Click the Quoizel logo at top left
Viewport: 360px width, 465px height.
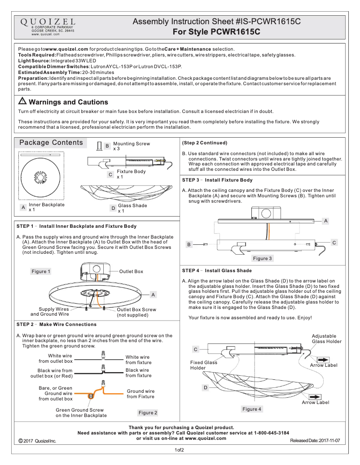pyautogui.click(x=47, y=22)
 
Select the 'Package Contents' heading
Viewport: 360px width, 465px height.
pyautogui.click(x=51, y=143)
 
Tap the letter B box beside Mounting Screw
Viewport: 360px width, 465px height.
pyautogui.click(x=107, y=146)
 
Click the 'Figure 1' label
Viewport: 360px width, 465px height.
pyautogui.click(x=40, y=271)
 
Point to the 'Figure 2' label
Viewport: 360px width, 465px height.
pyautogui.click(x=148, y=413)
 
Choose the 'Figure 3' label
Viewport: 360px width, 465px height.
pyautogui.click(x=262, y=258)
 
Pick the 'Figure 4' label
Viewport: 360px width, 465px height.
pyautogui.click(x=252, y=409)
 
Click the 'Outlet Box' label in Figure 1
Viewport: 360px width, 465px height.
pyautogui.click(x=131, y=271)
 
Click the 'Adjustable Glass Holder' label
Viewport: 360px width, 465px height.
pyautogui.click(x=326, y=339)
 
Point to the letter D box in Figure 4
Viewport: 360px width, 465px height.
pyautogui.click(x=205, y=387)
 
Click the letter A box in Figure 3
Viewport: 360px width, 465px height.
pyautogui.click(x=325, y=221)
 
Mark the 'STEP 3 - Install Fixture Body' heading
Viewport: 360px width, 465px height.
pyautogui.click(x=217, y=180)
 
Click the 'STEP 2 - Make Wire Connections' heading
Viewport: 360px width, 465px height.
pyautogui.click(x=56, y=324)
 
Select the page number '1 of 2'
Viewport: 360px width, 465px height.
pyautogui.click(x=180, y=450)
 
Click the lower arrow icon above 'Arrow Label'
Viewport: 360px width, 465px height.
pyautogui.click(x=315, y=396)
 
